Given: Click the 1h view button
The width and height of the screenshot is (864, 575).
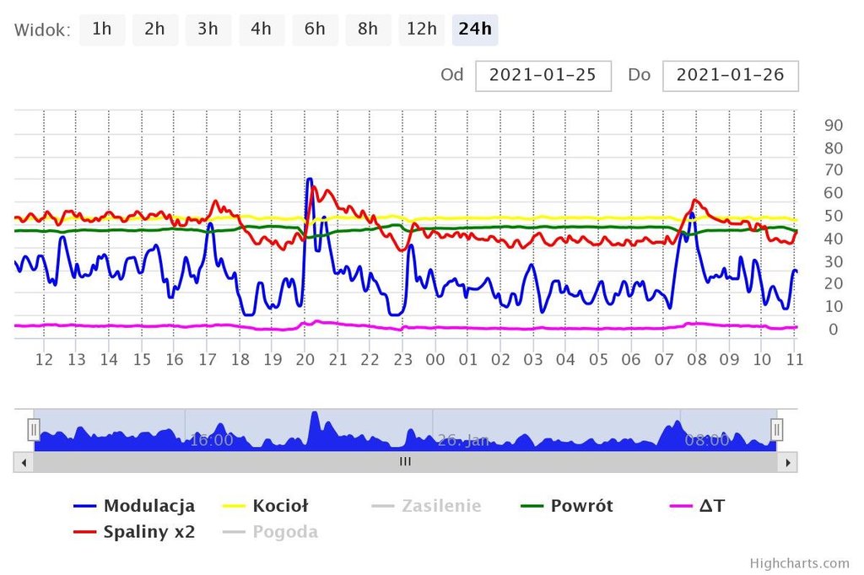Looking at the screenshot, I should click(102, 30).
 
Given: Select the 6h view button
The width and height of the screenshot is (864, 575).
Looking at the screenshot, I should click(315, 30).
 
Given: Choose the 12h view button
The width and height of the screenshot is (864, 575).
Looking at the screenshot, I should click(421, 30).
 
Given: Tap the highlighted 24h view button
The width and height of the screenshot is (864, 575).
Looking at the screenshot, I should click(475, 30).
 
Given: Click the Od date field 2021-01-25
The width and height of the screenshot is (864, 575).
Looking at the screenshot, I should click(543, 75).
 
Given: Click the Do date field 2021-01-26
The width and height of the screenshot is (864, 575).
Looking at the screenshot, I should click(730, 75).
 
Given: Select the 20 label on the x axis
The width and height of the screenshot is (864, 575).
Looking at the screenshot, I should click(305, 360).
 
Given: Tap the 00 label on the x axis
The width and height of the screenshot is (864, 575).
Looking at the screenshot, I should click(435, 360).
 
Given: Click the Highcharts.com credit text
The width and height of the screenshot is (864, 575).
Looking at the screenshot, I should click(799, 563).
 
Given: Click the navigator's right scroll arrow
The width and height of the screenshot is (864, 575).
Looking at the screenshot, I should click(787, 462).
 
